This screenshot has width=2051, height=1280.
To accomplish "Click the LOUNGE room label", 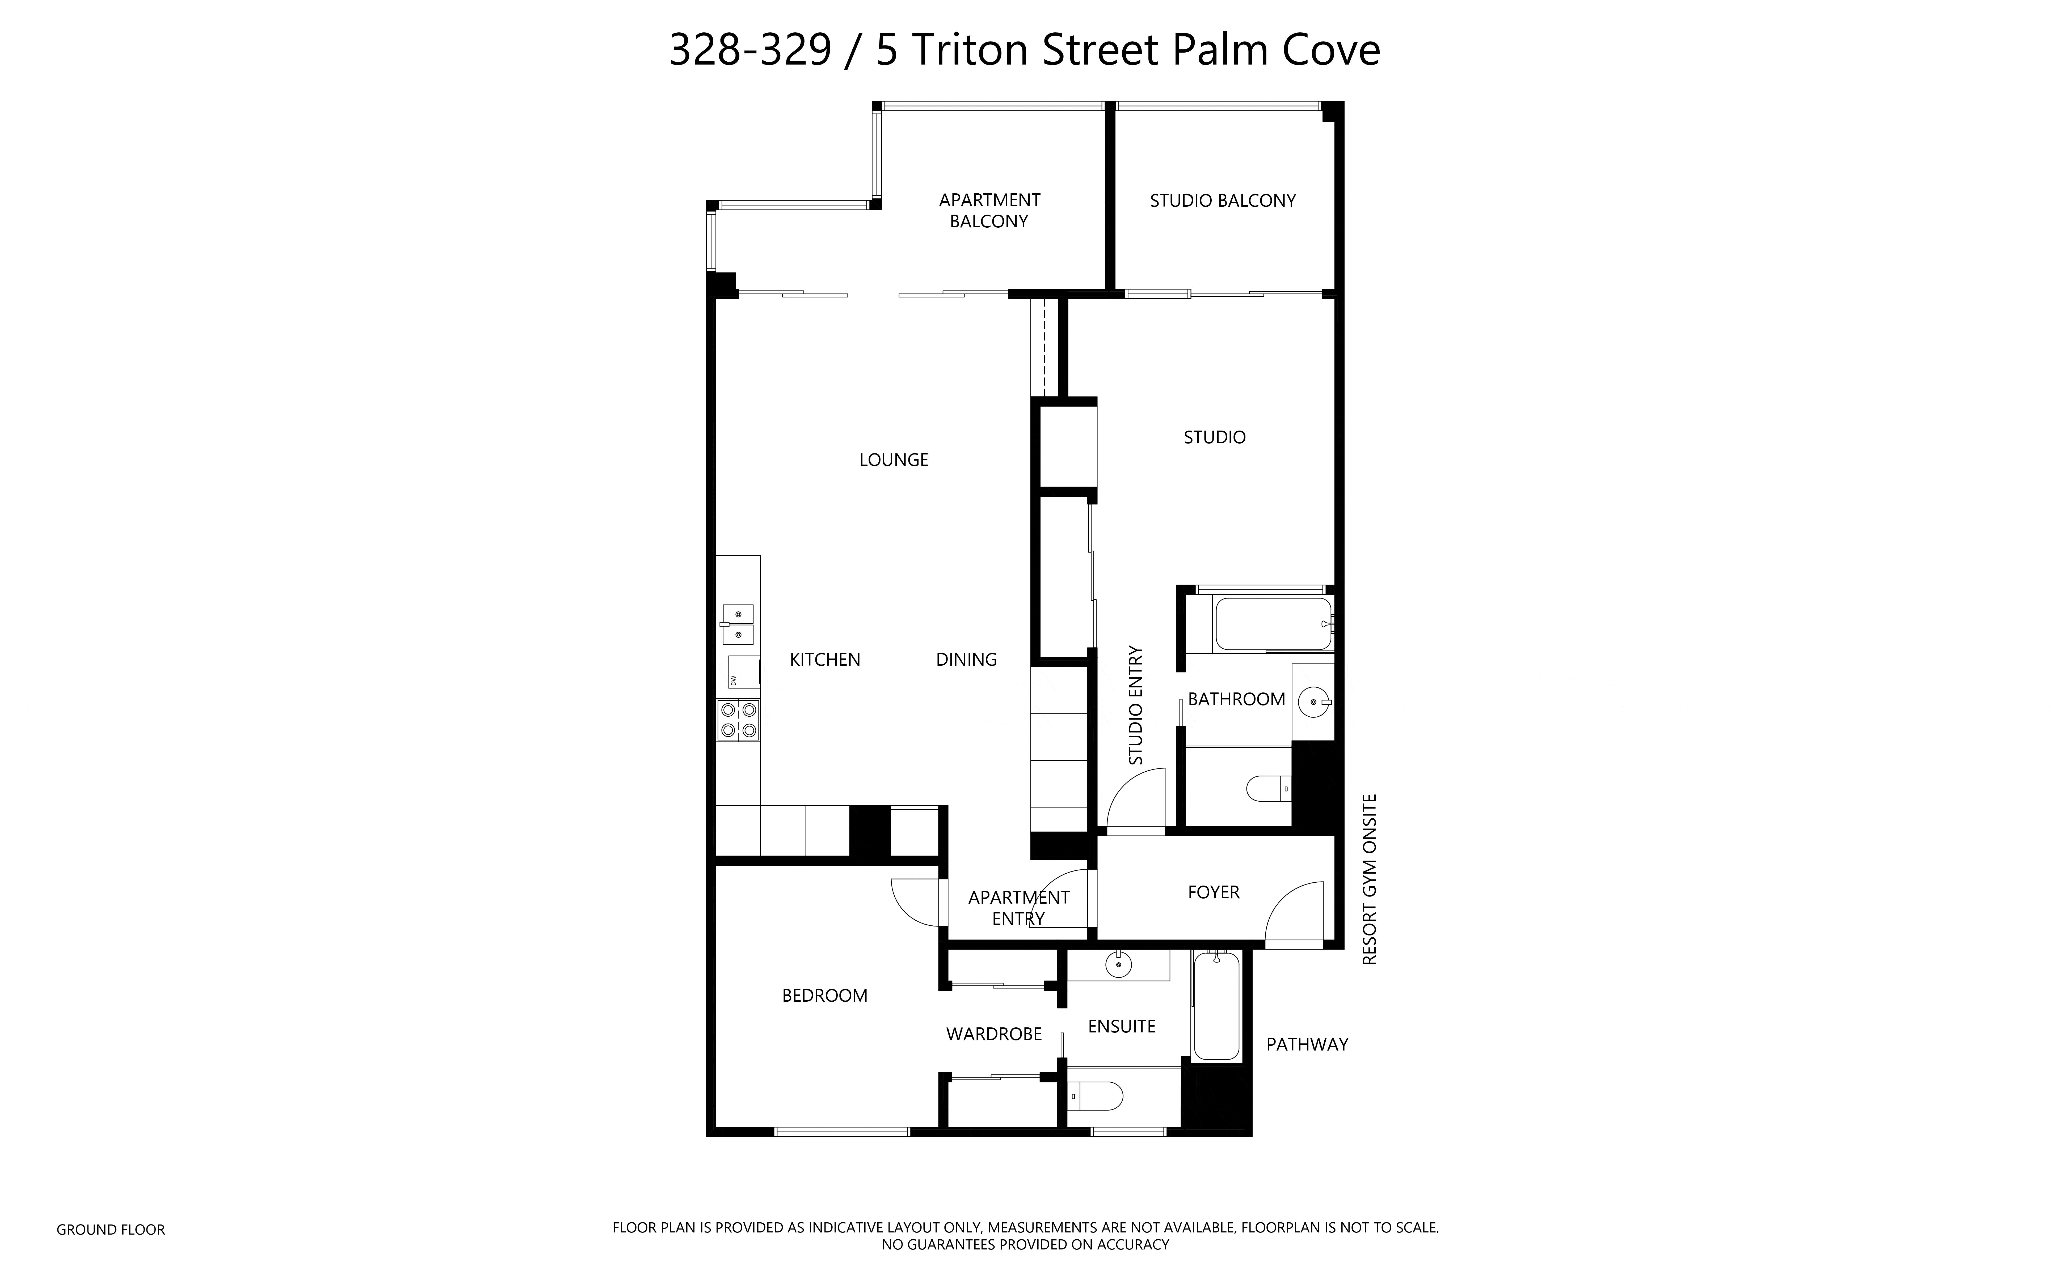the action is point(893,460).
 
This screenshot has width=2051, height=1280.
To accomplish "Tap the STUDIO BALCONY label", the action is point(1223,201).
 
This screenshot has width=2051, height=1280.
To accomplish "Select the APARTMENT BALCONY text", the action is point(989,211).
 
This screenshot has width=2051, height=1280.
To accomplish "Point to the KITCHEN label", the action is point(825,660).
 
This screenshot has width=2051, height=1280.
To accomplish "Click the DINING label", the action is point(966,660).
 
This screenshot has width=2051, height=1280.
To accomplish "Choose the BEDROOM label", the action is point(825,996).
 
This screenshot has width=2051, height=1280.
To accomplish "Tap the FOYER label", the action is point(1214,892).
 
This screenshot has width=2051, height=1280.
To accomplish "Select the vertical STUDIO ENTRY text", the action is point(1136,705).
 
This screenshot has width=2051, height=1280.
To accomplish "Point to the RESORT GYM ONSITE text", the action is point(1369,879).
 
